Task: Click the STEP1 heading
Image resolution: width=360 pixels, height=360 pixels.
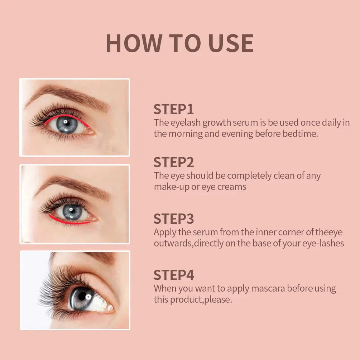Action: click(174, 109)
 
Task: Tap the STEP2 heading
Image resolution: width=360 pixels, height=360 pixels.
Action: click(174, 162)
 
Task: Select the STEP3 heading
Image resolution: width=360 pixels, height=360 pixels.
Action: click(174, 219)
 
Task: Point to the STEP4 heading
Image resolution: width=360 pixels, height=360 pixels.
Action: click(174, 275)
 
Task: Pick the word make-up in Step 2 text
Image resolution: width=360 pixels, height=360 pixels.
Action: click(172, 187)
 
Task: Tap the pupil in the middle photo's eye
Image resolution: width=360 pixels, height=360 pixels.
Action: click(72, 211)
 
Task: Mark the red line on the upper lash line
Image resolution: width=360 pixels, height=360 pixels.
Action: click(66, 117)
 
